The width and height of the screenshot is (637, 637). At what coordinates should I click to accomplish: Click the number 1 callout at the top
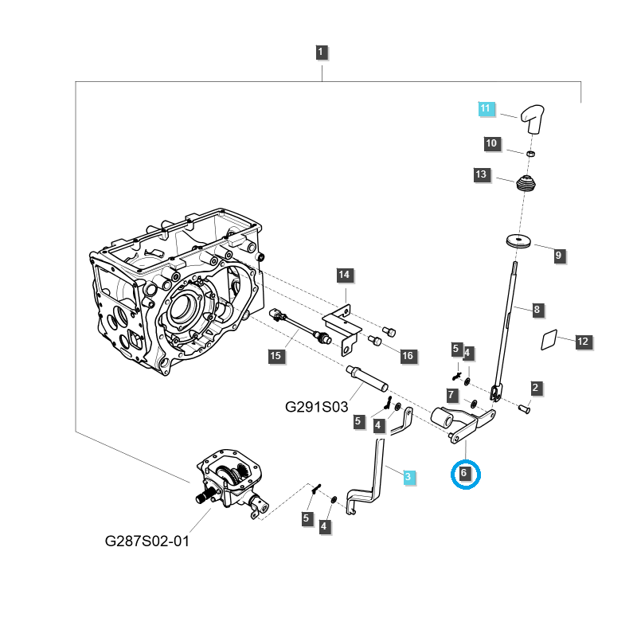(321, 53)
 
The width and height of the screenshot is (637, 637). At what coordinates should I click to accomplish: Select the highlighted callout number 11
(486, 108)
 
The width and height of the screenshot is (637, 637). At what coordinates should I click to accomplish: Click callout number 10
(491, 144)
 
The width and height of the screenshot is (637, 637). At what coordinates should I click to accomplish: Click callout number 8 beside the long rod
(537, 309)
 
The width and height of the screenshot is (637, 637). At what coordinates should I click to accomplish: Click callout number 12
(583, 342)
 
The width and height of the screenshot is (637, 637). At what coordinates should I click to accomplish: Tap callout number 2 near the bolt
(536, 388)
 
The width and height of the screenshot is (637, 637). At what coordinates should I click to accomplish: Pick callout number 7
(451, 395)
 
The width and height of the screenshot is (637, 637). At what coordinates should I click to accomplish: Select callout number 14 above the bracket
(343, 276)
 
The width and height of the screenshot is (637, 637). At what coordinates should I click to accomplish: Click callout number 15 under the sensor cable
(275, 356)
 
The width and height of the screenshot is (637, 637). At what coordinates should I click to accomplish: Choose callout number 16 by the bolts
(407, 356)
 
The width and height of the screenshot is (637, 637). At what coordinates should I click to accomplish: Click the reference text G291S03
(317, 406)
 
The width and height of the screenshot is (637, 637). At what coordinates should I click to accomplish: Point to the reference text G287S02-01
(147, 541)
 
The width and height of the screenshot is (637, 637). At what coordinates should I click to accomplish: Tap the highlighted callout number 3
(408, 477)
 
